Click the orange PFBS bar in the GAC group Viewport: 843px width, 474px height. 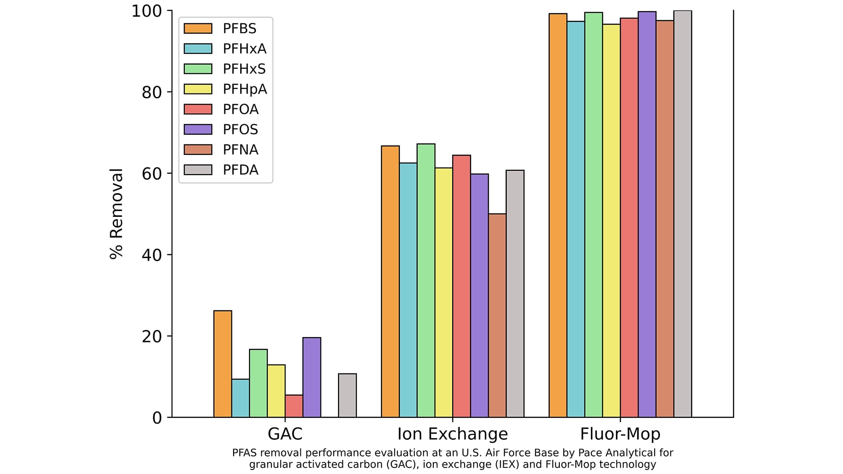[223, 364]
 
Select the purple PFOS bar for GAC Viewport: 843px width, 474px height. [312, 377]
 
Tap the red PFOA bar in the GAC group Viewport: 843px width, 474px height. [294, 406]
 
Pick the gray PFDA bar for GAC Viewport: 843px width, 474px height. [347, 395]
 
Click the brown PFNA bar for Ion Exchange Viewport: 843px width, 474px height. [497, 316]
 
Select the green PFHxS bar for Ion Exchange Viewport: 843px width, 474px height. [426, 280]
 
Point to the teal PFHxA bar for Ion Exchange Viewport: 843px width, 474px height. [408, 290]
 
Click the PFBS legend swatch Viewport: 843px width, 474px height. [198, 29]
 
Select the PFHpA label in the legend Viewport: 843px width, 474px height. [245, 89]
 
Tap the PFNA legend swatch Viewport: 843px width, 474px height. [198, 150]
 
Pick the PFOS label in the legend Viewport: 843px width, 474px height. [240, 129]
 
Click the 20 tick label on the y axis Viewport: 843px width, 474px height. [151, 336]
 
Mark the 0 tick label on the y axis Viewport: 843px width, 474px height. [157, 418]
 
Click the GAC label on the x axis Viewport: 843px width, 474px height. [285, 434]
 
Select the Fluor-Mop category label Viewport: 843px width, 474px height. [620, 434]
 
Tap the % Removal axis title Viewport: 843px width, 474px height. [116, 214]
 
